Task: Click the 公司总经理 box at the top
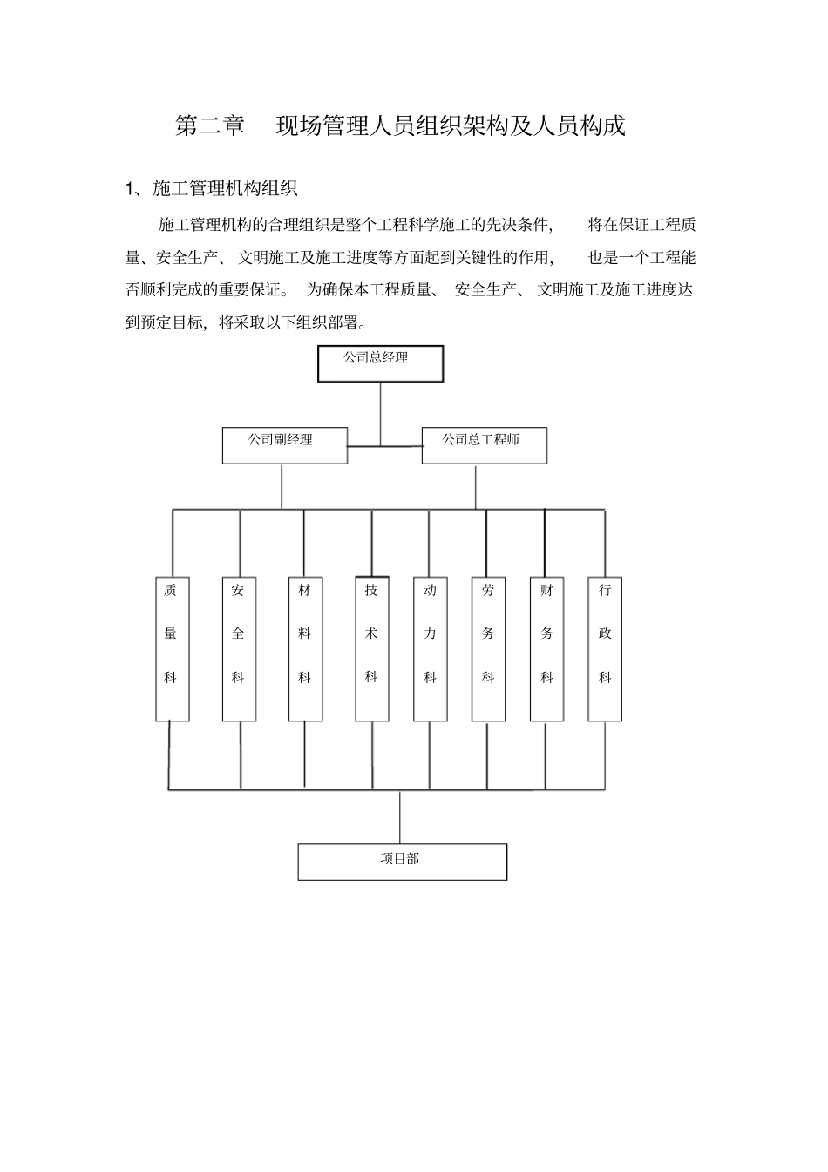[380, 363]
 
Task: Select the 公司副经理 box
[284, 444]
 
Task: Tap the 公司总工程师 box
[484, 444]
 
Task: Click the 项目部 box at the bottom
[402, 862]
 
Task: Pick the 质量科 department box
[172, 649]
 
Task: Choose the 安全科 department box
[239, 649]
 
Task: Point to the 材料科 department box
[305, 649]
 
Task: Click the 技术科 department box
[372, 649]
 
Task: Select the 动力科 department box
[430, 649]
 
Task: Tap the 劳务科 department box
[488, 649]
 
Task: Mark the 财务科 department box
[546, 649]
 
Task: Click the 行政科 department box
[605, 649]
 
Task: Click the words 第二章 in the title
[210, 126]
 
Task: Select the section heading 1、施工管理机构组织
[213, 188]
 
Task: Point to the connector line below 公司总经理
[380, 413]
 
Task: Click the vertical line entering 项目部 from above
[400, 817]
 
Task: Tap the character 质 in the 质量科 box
[171, 591]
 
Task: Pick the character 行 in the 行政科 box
[605, 591]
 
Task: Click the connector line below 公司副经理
[282, 486]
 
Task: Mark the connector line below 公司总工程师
[476, 486]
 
